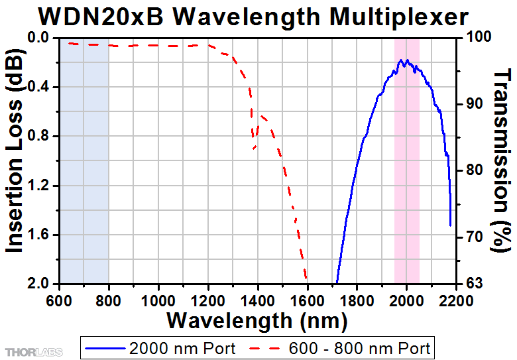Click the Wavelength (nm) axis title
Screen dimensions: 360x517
pos(257,321)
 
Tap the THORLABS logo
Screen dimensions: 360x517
pos(33,349)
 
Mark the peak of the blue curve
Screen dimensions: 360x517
pos(402,60)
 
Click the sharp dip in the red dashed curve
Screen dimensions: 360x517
pos(254,147)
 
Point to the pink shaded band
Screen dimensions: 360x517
pos(407,199)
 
